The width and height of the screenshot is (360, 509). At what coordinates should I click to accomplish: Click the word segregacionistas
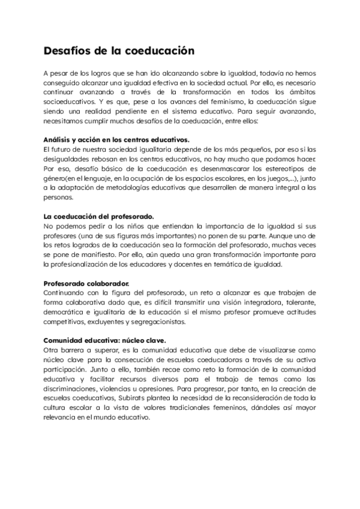coord(157,322)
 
